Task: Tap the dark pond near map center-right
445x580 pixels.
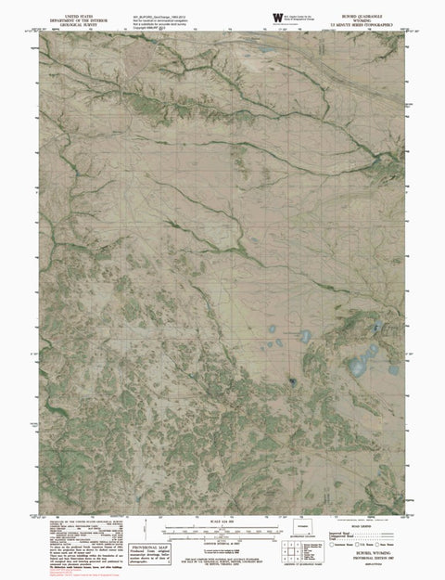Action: click(293, 381)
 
